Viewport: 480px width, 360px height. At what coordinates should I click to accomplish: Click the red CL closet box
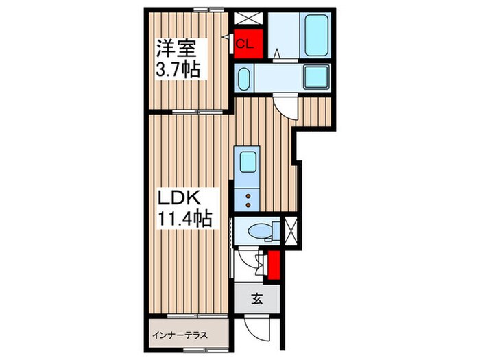click(x=245, y=45)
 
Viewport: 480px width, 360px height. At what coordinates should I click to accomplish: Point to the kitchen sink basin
click(x=248, y=163)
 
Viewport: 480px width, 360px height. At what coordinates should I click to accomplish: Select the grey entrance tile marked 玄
click(x=256, y=299)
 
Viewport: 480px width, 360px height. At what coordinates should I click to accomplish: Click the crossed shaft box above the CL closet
click(x=243, y=19)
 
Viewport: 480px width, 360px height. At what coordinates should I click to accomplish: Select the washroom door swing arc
click(x=285, y=105)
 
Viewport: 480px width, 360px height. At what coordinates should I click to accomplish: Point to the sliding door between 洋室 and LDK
click(x=187, y=111)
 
